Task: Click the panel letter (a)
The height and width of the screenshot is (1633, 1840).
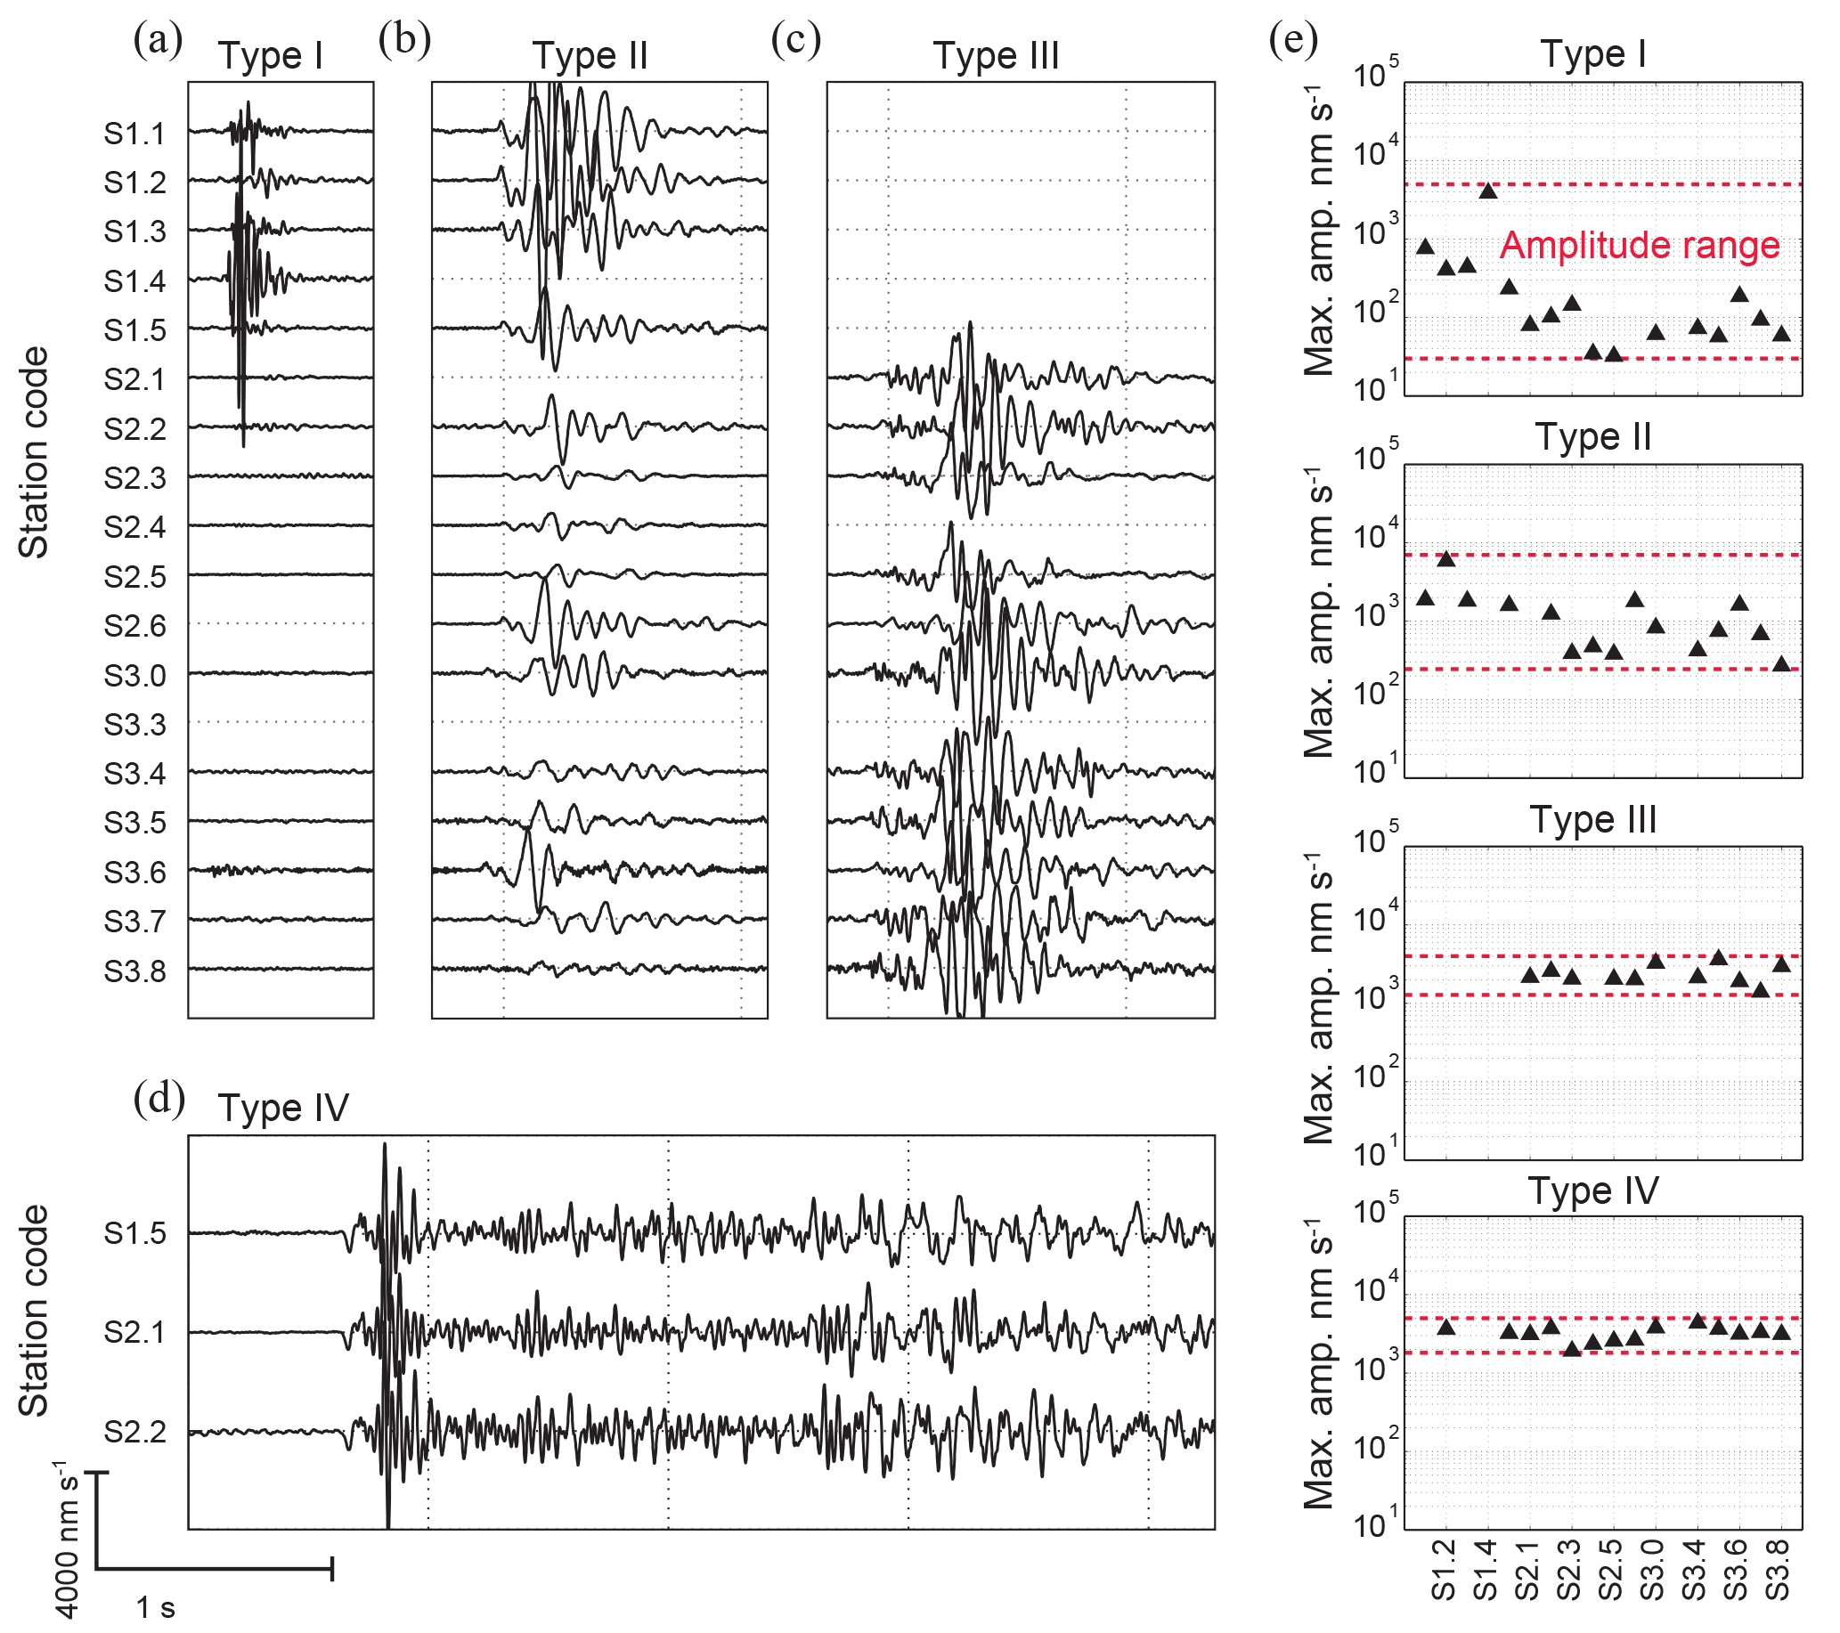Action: [x=158, y=40]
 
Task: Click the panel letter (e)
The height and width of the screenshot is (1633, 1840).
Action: [x=1292, y=40]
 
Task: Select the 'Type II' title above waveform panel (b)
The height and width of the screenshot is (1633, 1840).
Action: [x=590, y=56]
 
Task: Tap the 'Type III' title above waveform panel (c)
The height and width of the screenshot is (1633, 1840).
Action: [x=996, y=56]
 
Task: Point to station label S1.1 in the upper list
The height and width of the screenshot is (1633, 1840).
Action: [x=135, y=134]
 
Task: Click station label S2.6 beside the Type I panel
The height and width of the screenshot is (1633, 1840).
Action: [x=135, y=626]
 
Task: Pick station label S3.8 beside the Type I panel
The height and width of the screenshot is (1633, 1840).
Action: [x=135, y=972]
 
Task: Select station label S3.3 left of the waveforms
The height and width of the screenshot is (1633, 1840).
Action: [x=135, y=725]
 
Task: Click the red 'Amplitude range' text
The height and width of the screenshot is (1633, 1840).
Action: [x=1640, y=246]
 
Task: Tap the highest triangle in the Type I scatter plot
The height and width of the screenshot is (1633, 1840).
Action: [x=1488, y=190]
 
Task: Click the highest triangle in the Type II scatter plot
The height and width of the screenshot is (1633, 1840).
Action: [x=1446, y=559]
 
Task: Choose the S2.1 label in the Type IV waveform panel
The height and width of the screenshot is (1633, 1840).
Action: [x=135, y=1332]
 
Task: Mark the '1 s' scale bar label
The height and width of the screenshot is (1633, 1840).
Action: [x=156, y=1607]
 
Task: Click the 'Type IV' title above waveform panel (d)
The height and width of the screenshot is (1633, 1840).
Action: [x=282, y=1109]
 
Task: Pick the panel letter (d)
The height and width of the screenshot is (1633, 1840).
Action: [x=159, y=1099]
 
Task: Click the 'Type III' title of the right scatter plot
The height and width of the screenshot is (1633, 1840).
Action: [x=1592, y=820]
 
